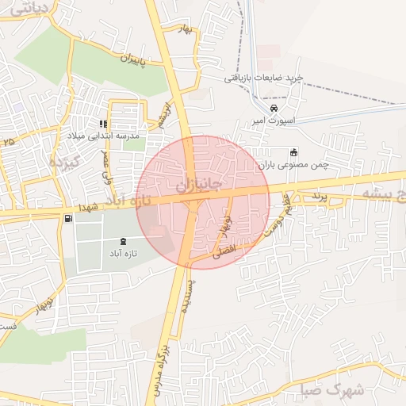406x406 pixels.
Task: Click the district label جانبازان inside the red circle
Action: [193, 185]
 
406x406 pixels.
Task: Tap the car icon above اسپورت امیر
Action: [274, 108]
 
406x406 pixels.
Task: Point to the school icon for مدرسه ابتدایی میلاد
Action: [102, 124]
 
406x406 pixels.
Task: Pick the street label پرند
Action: [318, 195]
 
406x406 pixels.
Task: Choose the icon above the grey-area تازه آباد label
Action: [123, 240]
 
